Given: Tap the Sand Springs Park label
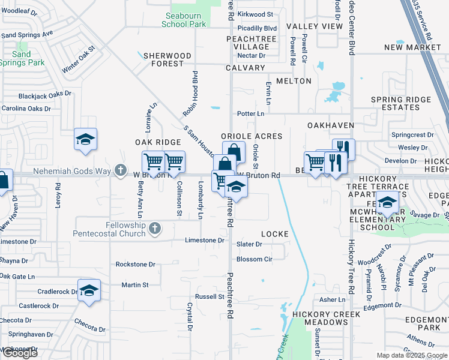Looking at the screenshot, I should click(x=22, y=58).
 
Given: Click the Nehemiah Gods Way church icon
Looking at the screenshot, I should click(x=121, y=171).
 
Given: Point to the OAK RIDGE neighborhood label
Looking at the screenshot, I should click(x=158, y=142).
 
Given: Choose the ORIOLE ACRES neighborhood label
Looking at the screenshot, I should click(x=252, y=136).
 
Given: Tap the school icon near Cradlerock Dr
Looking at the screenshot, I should click(x=89, y=290).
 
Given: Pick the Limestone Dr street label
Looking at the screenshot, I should click(x=204, y=240).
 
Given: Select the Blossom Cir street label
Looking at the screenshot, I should click(x=255, y=259).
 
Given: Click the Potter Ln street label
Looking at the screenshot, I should click(x=251, y=113).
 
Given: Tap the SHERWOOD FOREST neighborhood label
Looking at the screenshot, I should click(x=167, y=59).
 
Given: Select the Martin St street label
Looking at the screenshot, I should click(x=134, y=285).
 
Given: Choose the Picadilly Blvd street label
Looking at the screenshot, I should click(x=257, y=28).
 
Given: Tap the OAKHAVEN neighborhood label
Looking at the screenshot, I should click(x=328, y=125).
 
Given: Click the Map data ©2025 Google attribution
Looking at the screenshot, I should click(x=412, y=355).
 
